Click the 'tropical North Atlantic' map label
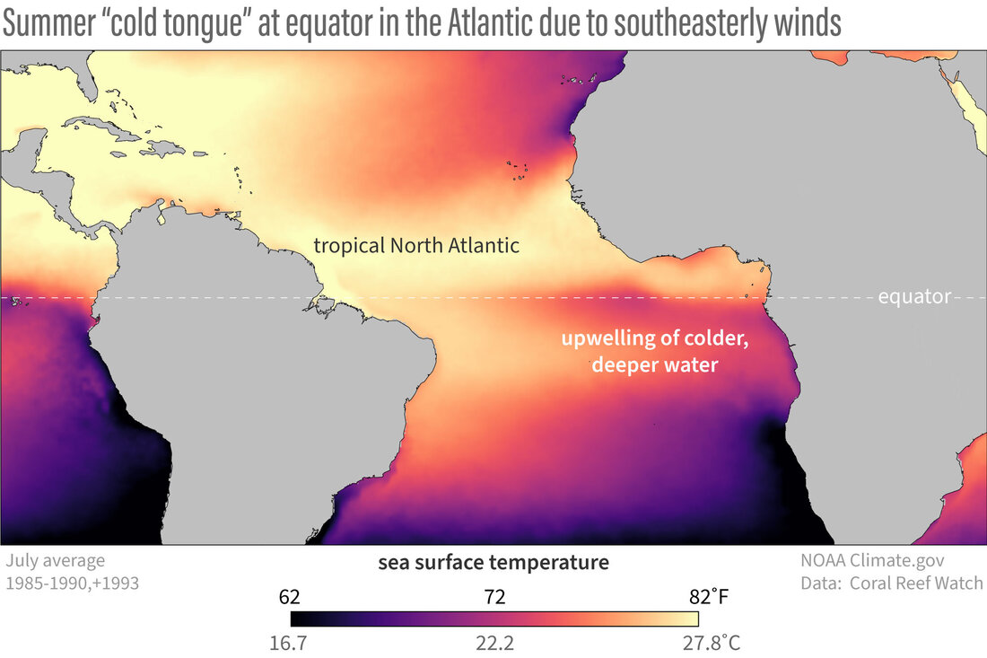pyautogui.click(x=416, y=245)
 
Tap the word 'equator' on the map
pyautogui.click(x=914, y=297)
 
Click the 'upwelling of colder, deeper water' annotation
pyautogui.click(x=654, y=353)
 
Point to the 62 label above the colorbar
pyautogui.click(x=289, y=596)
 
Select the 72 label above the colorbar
pyautogui.click(x=494, y=596)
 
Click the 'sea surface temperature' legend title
pyautogui.click(x=493, y=563)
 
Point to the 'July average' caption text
pyautogui.click(x=55, y=561)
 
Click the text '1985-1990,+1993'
pyautogui.click(x=72, y=583)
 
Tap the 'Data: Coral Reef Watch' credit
pyautogui.click(x=892, y=583)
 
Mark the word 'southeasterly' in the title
pyautogui.click(x=691, y=24)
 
